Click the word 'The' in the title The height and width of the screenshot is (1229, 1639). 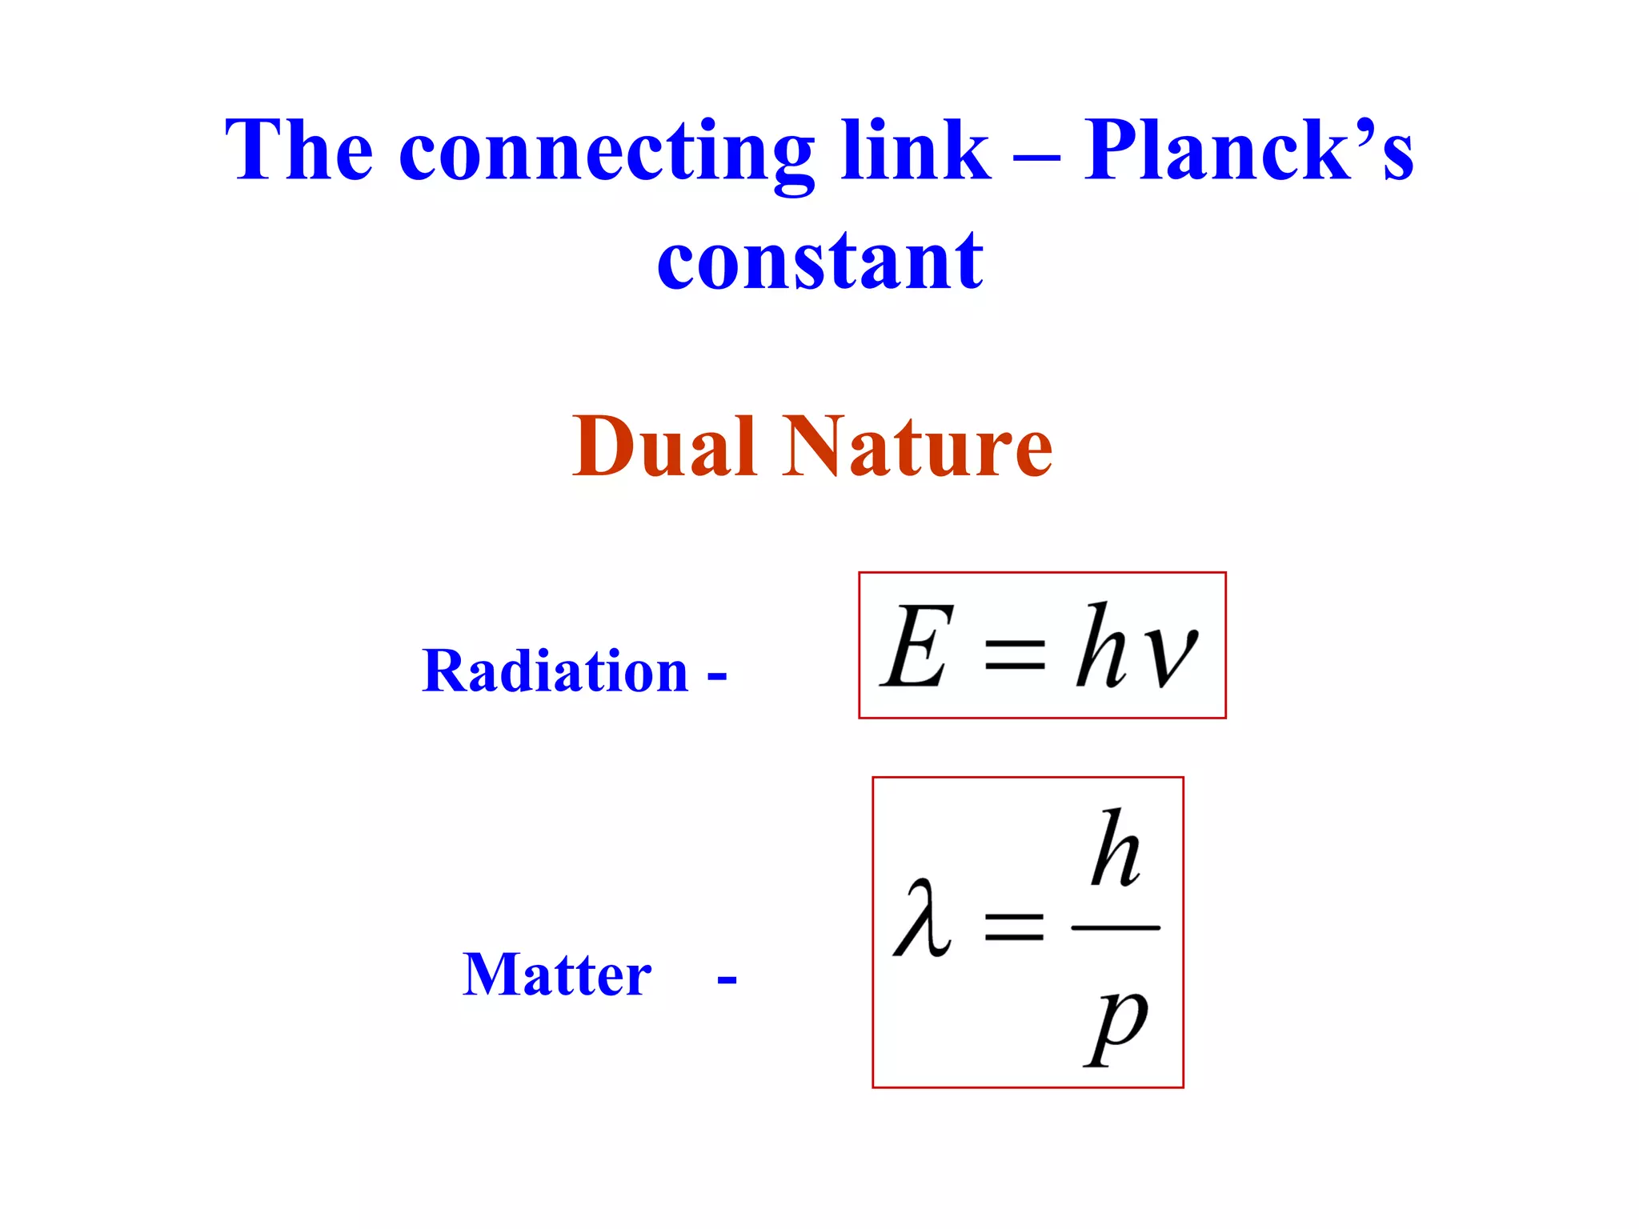[x=299, y=150]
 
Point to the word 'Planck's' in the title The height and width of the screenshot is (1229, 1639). [x=1248, y=150]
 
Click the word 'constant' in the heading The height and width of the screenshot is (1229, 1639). [x=819, y=260]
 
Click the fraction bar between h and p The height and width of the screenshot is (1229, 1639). [x=1116, y=928]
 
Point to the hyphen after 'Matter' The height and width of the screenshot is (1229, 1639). [x=727, y=979]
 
